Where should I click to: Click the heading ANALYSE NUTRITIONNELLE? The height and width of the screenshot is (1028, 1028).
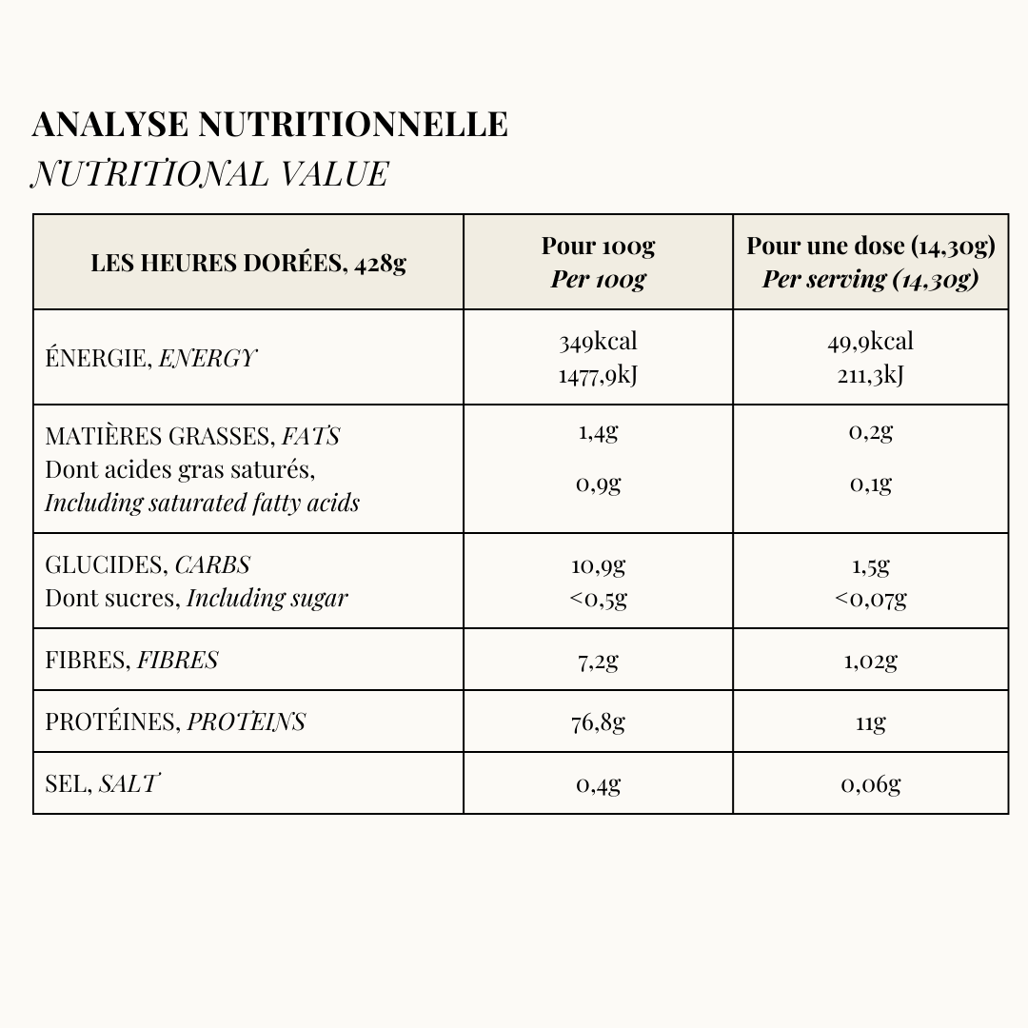269,125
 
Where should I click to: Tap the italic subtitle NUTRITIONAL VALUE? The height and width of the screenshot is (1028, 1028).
209,174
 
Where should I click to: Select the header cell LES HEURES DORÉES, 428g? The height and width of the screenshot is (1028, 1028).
248,263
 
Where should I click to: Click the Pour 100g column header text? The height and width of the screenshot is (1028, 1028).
598,247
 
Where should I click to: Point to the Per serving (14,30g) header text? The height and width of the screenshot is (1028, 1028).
870,280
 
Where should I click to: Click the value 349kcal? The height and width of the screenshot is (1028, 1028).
598,342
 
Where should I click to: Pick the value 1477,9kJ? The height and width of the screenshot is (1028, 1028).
598,375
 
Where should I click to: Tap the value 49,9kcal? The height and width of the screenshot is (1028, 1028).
870,342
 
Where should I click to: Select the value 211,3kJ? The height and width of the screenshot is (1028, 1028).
870,375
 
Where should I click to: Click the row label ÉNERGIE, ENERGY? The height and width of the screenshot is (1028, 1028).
150,359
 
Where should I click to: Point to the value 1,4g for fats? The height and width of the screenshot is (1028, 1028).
598,432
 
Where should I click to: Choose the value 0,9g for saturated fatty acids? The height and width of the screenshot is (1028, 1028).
598,484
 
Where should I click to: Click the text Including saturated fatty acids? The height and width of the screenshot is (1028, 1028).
202,503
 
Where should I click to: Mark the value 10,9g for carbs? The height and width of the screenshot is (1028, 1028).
598,565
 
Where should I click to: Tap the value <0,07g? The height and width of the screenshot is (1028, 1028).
870,599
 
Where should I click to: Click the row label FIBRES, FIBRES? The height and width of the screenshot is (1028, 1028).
131,660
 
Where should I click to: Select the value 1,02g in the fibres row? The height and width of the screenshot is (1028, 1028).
870,660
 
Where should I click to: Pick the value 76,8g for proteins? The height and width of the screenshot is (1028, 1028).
598,722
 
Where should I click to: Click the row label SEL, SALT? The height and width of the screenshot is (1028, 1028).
102,783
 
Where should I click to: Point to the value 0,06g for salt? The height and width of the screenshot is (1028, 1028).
870,783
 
